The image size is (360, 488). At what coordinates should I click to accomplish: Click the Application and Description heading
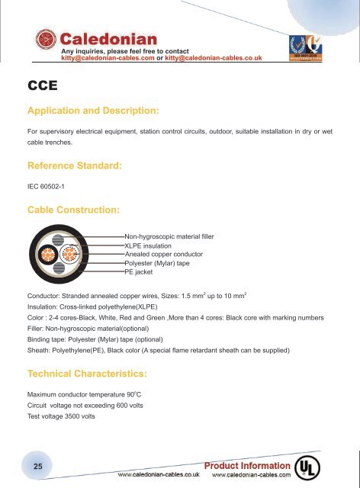point(92,111)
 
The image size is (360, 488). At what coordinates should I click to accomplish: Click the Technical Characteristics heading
point(88,374)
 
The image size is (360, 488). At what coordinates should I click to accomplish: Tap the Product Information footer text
point(245,464)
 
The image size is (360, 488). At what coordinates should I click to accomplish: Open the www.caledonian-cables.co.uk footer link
point(158,474)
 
